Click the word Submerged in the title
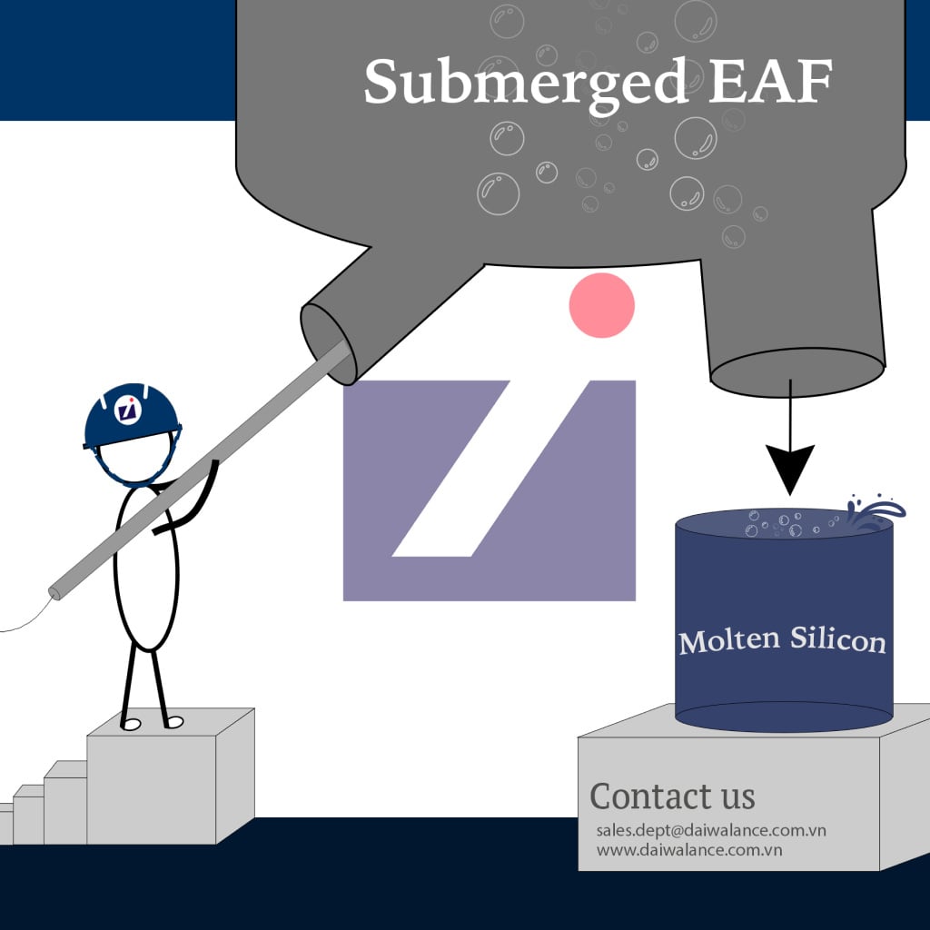click(x=526, y=83)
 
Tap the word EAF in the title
click(x=770, y=81)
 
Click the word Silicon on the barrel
click(x=838, y=639)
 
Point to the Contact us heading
click(x=672, y=796)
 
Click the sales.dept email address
click(x=711, y=830)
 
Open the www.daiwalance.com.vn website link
click(x=689, y=850)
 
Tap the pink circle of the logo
click(x=601, y=305)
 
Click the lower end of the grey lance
click(x=55, y=592)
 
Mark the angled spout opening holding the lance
click(x=328, y=343)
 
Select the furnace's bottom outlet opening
click(x=797, y=372)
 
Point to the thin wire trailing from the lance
click(x=26, y=617)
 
